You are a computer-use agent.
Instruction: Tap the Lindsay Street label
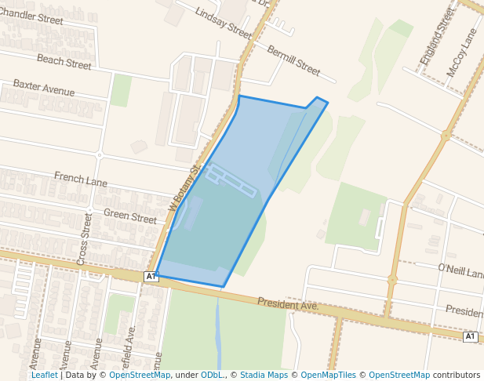coord(224,24)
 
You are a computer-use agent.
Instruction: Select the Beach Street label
coord(64,61)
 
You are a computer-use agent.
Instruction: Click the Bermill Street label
coord(293,60)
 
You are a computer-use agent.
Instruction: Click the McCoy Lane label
coord(462,53)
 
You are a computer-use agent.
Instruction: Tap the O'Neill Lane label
coord(461,271)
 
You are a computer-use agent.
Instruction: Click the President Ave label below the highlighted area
coord(287,303)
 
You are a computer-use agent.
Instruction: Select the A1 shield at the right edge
coord(470,336)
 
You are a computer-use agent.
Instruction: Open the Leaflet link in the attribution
coord(44,375)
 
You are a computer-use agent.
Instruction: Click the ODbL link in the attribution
coord(211,375)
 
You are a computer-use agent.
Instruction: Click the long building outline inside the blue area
coord(231,180)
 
